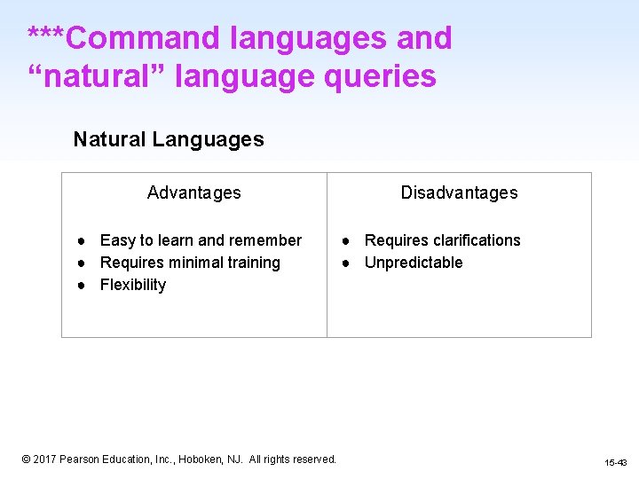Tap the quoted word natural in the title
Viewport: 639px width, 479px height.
click(x=99, y=76)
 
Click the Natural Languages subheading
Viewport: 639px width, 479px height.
click(x=169, y=139)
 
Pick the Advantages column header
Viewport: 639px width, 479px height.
click(x=193, y=192)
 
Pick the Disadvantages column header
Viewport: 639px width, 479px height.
click(x=459, y=192)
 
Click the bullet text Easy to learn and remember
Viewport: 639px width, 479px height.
click(x=201, y=240)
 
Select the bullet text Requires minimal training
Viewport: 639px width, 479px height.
click(x=190, y=263)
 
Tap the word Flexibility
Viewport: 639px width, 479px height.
click(x=133, y=285)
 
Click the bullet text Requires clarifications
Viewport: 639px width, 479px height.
click(x=442, y=240)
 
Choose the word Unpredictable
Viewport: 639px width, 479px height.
click(x=414, y=263)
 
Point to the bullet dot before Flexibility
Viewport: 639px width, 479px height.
click(x=80, y=285)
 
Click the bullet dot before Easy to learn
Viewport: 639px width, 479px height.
click(x=80, y=240)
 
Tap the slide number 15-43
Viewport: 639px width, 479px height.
click(x=615, y=463)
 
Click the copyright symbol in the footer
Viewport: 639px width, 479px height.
click(x=27, y=459)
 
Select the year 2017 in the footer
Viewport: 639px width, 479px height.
click(x=45, y=459)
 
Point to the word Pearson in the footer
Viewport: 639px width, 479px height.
click(x=80, y=459)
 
